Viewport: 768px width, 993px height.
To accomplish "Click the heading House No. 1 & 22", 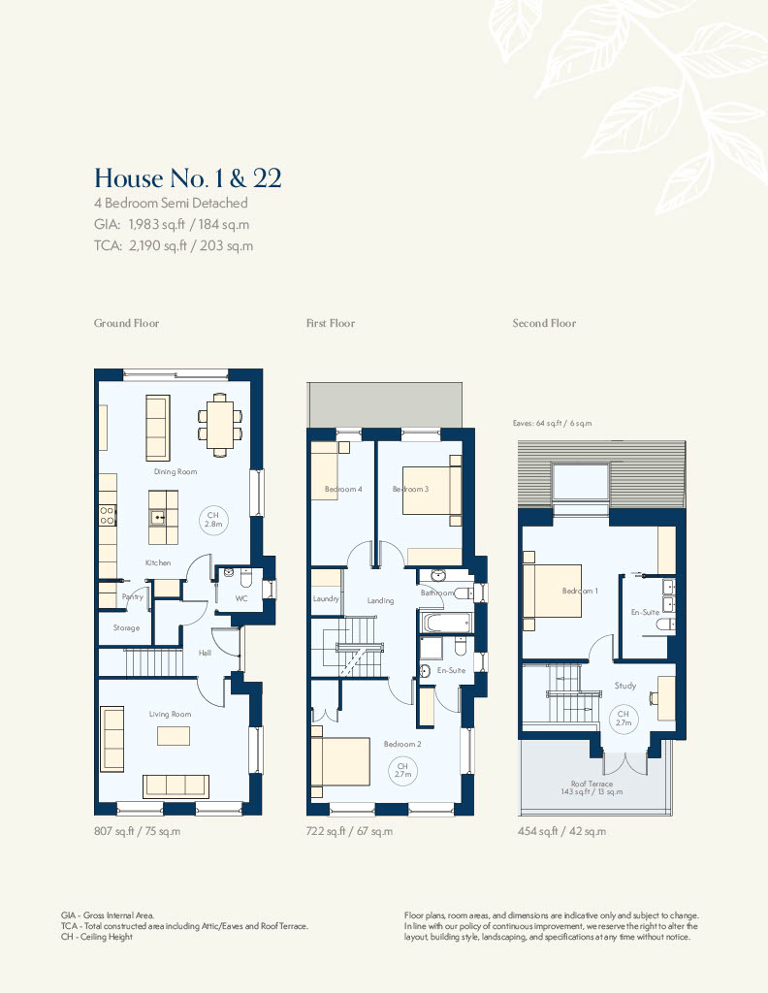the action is click(x=188, y=178).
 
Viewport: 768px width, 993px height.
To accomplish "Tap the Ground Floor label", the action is click(x=127, y=323).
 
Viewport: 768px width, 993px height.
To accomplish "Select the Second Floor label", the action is click(x=545, y=323).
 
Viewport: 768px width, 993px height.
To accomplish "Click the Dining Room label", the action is click(x=176, y=472).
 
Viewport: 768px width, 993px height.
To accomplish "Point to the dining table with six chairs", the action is click(x=220, y=425).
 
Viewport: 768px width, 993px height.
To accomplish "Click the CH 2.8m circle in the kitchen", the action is click(x=213, y=520).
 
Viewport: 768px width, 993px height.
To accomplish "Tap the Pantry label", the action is click(x=132, y=596).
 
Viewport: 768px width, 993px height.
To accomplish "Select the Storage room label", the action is click(x=126, y=627).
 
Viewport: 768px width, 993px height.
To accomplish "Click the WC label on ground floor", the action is click(x=241, y=597).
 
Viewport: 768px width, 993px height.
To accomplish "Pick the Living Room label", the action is click(x=171, y=715).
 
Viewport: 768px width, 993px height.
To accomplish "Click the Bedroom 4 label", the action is click(x=343, y=489).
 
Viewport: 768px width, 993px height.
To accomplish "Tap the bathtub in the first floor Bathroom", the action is click(x=445, y=623).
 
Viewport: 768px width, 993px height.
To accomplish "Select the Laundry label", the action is click(x=326, y=598).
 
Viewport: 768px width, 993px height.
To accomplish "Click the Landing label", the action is click(x=380, y=600).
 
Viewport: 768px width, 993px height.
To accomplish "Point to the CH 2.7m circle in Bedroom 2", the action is click(x=402, y=771).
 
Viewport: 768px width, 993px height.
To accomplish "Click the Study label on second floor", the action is click(x=624, y=686).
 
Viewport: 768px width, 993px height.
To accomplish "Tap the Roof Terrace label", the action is click(x=592, y=784).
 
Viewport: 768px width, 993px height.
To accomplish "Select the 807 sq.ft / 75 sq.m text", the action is click(x=138, y=831).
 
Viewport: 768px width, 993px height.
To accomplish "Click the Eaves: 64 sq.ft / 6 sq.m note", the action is click(x=552, y=423).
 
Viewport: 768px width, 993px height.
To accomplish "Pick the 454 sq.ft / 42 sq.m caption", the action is click(x=561, y=831).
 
